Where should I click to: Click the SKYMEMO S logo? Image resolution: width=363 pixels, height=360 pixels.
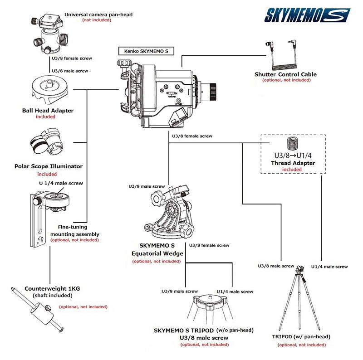(307, 15)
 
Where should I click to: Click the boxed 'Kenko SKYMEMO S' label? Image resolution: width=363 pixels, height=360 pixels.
(143, 51)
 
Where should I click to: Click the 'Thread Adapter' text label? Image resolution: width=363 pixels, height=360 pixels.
(292, 163)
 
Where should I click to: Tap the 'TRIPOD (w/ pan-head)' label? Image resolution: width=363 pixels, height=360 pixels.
(301, 337)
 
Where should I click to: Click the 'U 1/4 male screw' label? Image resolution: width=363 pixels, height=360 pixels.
(61, 183)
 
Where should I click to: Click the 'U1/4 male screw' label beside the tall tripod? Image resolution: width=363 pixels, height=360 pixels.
(329, 267)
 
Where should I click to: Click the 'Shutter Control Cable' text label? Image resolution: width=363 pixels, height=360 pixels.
(285, 74)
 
